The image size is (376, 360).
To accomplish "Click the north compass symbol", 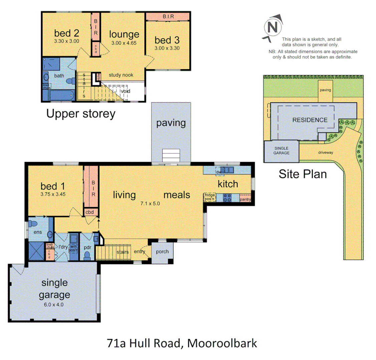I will tap(272, 27).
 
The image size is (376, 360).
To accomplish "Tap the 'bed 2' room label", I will tap(67, 33).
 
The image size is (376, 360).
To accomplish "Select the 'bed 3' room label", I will tap(167, 40).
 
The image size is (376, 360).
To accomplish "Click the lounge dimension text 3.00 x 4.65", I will tap(124, 43).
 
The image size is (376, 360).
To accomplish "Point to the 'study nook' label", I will tap(121, 75).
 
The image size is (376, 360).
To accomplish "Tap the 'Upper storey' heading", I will tap(81, 114).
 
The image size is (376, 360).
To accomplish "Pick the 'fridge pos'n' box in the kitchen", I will tap(210, 197).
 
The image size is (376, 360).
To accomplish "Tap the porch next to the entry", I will tap(162, 252).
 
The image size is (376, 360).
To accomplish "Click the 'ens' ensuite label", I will tap(37, 232).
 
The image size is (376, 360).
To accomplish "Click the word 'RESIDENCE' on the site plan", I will tap(310, 120).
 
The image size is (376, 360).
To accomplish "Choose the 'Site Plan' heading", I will tap(303, 174).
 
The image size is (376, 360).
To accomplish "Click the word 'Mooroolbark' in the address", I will tap(222, 343).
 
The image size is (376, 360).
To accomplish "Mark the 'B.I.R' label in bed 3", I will tap(168, 16).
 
